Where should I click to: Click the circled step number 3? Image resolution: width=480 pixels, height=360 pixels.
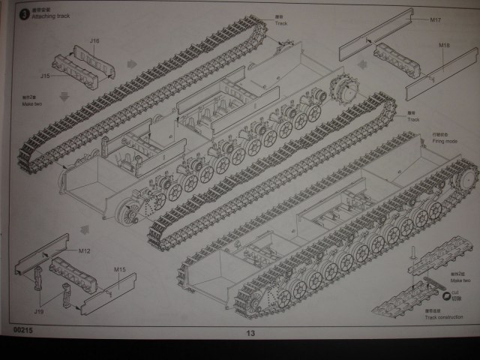(24, 12)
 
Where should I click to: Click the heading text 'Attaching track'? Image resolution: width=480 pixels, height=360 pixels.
(50, 16)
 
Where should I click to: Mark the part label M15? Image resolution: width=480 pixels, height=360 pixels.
(120, 269)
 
